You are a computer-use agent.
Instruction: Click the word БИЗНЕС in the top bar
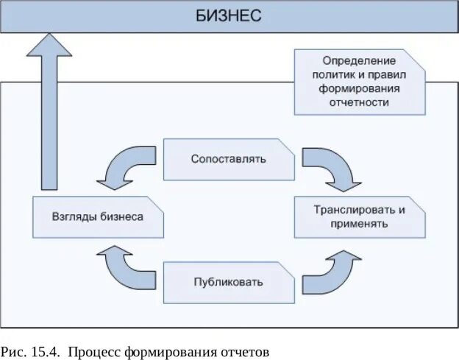click(229, 15)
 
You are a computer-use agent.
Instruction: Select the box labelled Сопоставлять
click(228, 159)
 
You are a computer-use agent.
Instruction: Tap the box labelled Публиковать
click(228, 282)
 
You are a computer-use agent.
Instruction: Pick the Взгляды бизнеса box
click(98, 217)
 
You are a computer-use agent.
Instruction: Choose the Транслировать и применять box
click(360, 216)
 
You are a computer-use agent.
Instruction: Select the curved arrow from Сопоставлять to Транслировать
click(330, 166)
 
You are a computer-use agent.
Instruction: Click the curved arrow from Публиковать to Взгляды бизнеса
click(125, 269)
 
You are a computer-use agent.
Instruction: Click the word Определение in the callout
click(360, 60)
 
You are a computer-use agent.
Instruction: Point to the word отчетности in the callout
click(360, 102)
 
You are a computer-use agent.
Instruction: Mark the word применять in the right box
click(360, 224)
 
